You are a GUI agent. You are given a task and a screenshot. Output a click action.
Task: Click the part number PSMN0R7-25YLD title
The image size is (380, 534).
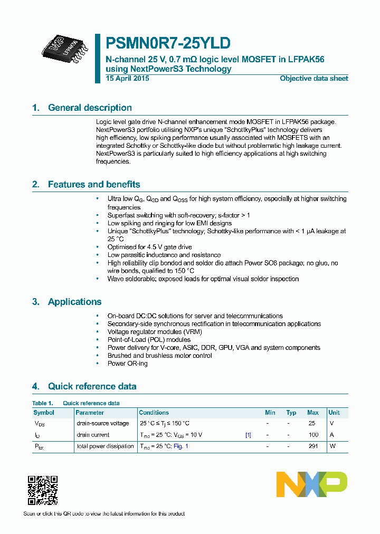tap(168, 43)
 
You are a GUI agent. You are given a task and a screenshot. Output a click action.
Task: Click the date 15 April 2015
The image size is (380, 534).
tap(127, 79)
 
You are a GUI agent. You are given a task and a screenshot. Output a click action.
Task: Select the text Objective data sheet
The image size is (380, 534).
tap(313, 79)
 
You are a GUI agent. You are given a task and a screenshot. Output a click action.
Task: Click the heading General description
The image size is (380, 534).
tap(90, 108)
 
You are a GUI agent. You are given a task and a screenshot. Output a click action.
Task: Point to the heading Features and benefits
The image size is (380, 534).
tap(94, 185)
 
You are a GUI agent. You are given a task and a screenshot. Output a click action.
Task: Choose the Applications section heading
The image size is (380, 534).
tap(74, 302)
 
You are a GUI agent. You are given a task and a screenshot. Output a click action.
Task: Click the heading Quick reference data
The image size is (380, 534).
tap(92, 386)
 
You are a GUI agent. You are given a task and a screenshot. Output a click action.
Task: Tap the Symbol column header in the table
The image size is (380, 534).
tap(44, 413)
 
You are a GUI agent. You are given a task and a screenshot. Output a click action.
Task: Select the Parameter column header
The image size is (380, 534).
tap(90, 413)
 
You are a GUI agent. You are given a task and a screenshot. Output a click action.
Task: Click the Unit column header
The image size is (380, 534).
tap(334, 413)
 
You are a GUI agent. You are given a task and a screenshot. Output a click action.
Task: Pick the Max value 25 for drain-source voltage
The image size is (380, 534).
tap(312, 423)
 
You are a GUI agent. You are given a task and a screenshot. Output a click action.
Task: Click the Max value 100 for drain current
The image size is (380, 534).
tap(313, 435)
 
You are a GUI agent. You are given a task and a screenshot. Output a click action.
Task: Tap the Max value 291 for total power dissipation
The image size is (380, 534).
tap(313, 446)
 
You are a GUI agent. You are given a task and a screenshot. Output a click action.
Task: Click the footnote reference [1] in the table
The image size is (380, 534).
tap(248, 435)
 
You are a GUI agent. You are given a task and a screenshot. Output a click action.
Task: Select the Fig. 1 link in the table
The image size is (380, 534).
tap(181, 446)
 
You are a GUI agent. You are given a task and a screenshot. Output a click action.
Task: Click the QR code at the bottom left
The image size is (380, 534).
tap(43, 491)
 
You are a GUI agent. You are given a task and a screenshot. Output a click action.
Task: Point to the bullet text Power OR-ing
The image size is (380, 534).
tap(128, 364)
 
